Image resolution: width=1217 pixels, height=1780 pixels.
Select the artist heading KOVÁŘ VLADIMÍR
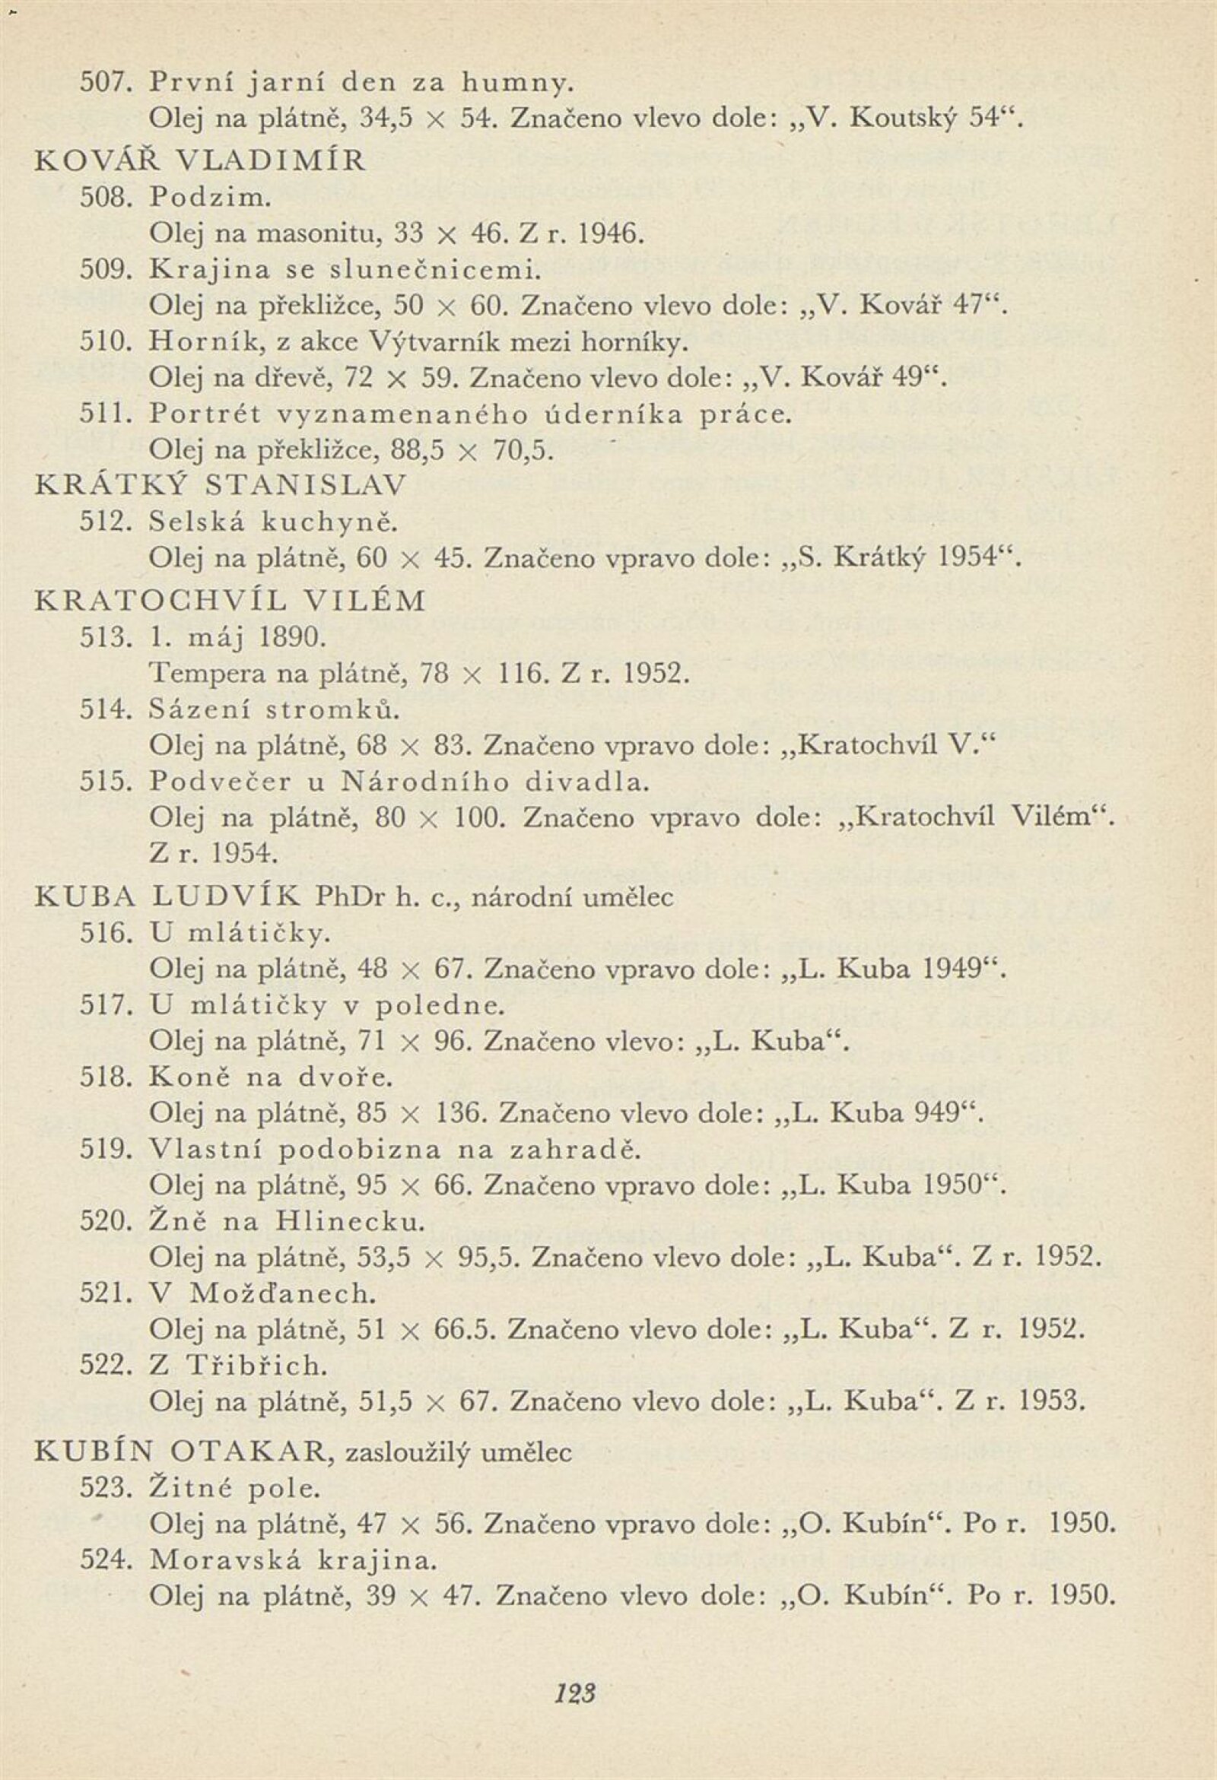coord(201,160)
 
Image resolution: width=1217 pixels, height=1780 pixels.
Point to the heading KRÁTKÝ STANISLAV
coord(221,485)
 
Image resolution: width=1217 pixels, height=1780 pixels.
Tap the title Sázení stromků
coord(275,709)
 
